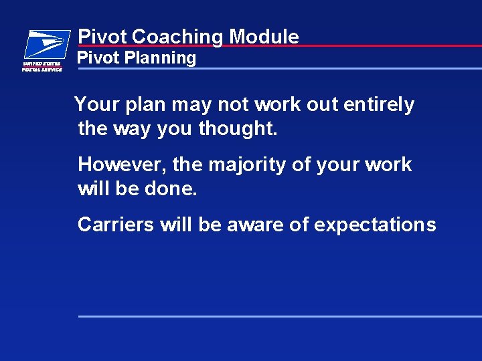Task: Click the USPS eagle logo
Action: pyautogui.click(x=46, y=44)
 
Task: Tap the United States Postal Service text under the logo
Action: pyautogui.click(x=42, y=66)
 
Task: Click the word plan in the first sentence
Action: pyautogui.click(x=144, y=105)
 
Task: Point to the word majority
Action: pyautogui.click(x=247, y=165)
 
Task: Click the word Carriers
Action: pyautogui.click(x=116, y=225)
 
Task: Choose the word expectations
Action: pyautogui.click(x=375, y=225)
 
